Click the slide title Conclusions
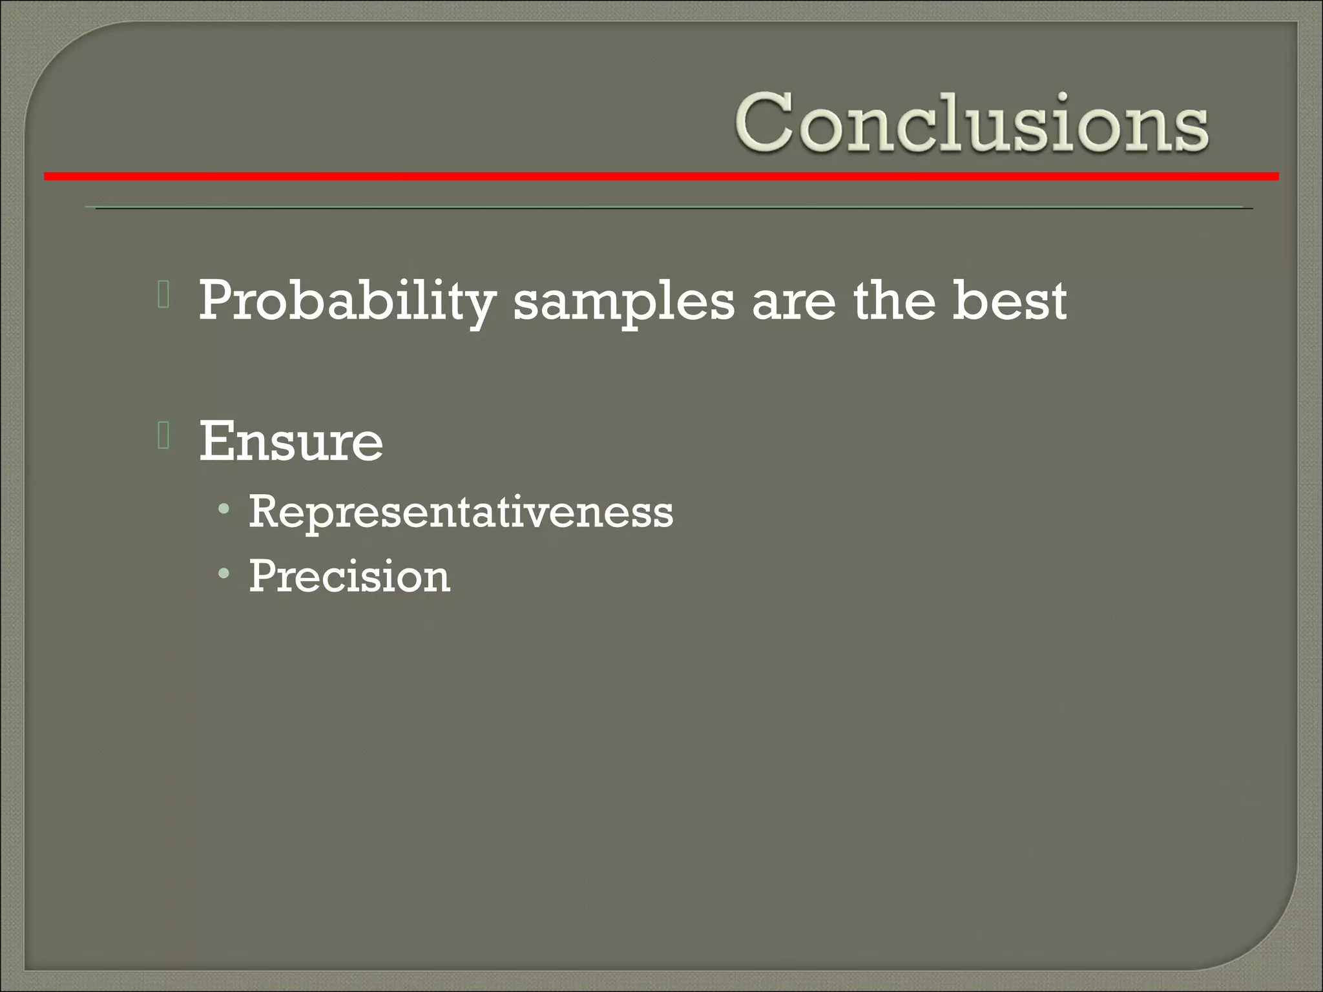point(970,122)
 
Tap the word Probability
point(346,301)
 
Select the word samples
point(623,301)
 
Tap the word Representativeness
point(461,512)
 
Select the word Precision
point(349,575)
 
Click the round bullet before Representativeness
point(224,510)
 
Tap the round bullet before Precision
point(224,573)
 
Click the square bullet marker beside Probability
point(163,295)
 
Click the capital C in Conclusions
point(764,122)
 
